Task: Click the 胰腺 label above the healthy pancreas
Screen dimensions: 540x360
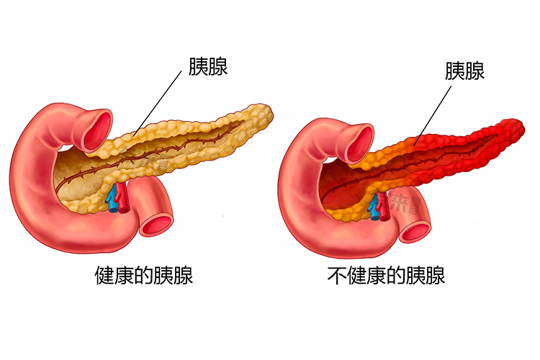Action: point(208,66)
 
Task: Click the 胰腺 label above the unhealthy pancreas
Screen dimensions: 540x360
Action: point(464,71)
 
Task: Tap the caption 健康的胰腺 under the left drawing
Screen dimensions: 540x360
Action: point(143,275)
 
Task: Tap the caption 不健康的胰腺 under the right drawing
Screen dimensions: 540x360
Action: point(386,275)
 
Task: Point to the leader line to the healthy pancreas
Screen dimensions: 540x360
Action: point(158,104)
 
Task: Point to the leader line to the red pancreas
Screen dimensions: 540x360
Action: point(433,115)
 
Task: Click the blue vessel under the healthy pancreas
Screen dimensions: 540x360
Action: point(112,200)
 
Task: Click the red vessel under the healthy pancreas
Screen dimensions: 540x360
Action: point(122,198)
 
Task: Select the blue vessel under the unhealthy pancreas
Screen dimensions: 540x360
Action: point(374,208)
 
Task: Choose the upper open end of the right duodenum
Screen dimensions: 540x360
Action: point(360,144)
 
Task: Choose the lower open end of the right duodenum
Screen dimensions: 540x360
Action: point(415,231)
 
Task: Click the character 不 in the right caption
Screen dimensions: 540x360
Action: point(337,275)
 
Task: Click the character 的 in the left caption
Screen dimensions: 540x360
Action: point(143,275)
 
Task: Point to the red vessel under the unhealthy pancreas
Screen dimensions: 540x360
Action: point(383,207)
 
